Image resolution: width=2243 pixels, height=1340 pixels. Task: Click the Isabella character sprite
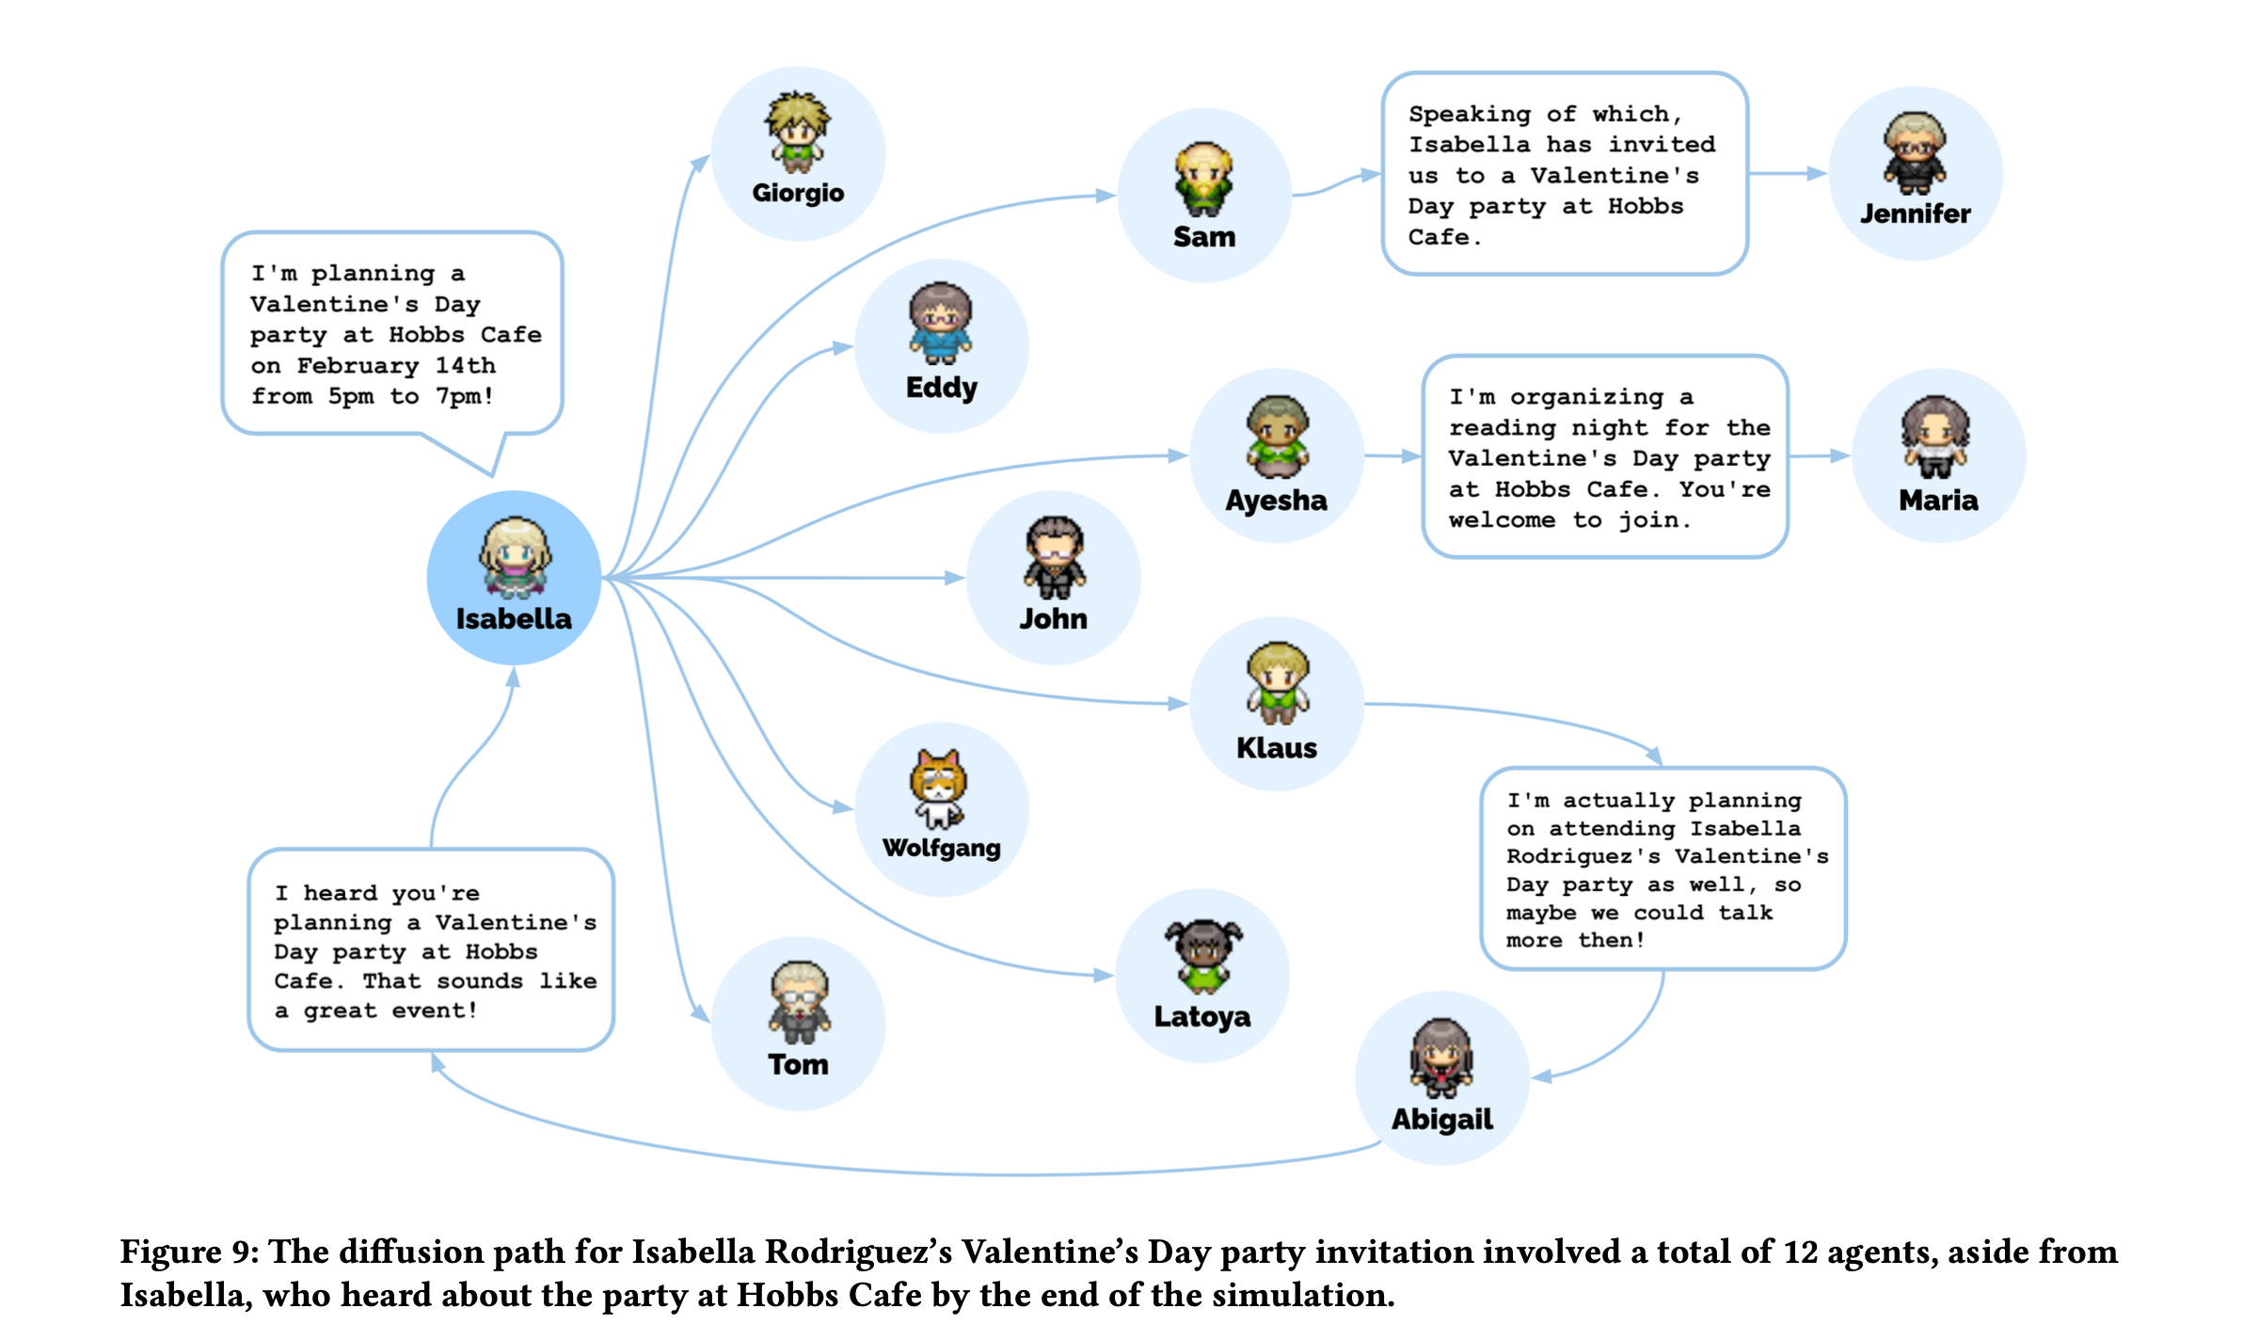[514, 557]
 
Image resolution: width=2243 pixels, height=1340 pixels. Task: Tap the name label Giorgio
[798, 193]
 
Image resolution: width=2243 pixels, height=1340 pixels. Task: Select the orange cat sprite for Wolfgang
[939, 788]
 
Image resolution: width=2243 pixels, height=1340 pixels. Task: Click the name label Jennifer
[1915, 214]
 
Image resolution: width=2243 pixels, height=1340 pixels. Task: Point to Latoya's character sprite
[1203, 955]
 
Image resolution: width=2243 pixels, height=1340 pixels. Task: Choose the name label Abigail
[1441, 1119]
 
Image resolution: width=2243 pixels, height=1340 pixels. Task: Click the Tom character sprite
[799, 1001]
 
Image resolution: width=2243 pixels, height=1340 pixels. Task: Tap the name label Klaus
[1276, 747]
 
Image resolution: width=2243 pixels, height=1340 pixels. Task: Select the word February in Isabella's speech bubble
[358, 365]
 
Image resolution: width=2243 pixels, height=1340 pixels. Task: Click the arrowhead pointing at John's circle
[954, 578]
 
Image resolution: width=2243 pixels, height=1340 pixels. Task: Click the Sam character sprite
[1203, 179]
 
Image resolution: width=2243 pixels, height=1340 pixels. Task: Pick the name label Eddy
[941, 387]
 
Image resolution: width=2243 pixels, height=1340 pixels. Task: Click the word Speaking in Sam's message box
[1469, 114]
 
